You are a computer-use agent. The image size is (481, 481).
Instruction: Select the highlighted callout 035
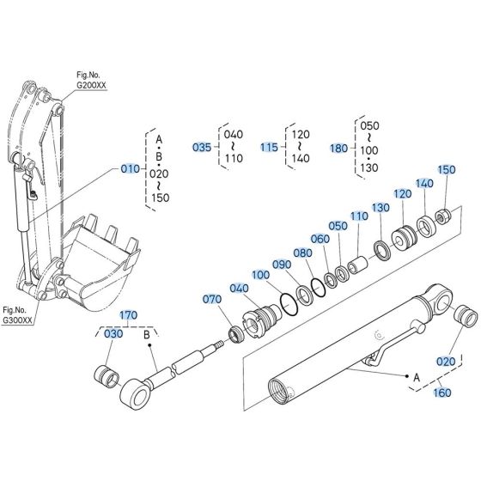tap(201, 147)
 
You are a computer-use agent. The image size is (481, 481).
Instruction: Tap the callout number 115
tap(270, 147)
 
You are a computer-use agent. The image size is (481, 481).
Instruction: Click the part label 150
tap(447, 170)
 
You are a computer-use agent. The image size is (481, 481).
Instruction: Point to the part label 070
tap(211, 300)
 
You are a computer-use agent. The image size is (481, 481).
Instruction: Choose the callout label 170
tap(128, 315)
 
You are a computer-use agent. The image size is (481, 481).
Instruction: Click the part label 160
tap(441, 393)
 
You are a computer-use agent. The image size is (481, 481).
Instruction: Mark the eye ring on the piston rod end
tap(137, 394)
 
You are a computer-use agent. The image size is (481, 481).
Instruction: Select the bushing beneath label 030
tap(107, 374)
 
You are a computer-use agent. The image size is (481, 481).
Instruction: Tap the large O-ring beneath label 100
tap(283, 298)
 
